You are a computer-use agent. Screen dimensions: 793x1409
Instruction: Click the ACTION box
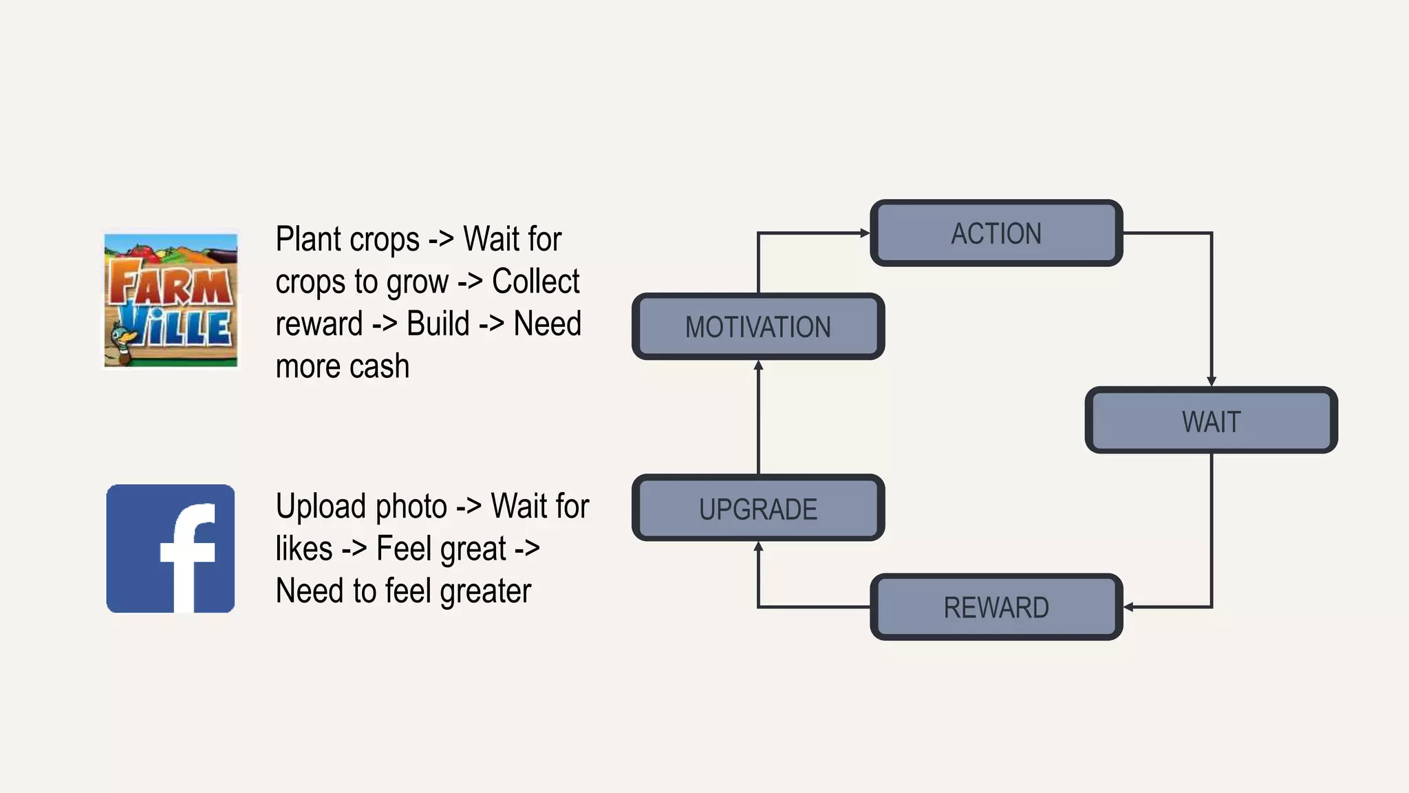(x=996, y=233)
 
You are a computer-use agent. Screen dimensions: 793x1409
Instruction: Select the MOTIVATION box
(x=758, y=326)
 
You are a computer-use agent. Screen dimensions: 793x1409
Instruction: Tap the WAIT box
(x=1211, y=421)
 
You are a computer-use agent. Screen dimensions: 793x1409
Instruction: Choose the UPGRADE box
(x=758, y=508)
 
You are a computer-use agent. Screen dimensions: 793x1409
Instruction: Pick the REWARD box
(x=996, y=606)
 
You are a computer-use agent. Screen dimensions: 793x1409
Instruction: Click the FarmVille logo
(x=171, y=299)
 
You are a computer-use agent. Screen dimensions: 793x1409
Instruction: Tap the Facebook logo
(x=171, y=549)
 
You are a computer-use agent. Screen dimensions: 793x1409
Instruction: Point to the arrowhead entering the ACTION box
(x=865, y=233)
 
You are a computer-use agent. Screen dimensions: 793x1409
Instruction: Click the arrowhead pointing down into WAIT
(x=1212, y=381)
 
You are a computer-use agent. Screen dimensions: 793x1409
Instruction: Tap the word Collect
(x=535, y=282)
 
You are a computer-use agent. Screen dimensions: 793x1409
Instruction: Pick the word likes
(x=303, y=549)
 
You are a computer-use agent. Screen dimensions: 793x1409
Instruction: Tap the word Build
(x=438, y=324)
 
